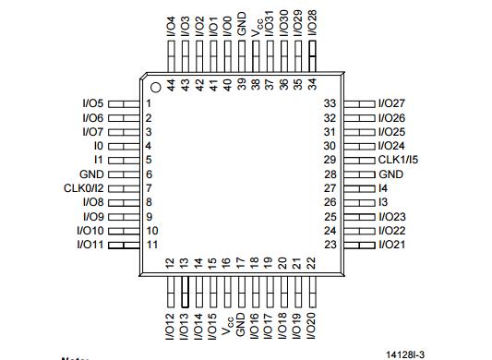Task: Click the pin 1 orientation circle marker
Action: [156, 88]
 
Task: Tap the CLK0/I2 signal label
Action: [83, 188]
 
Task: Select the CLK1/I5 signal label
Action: [398, 160]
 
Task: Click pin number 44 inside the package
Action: [171, 85]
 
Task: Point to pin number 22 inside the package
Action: [311, 263]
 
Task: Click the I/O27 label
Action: [392, 103]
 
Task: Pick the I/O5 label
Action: [93, 103]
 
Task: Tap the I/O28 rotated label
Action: [313, 23]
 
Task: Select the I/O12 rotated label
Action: [170, 327]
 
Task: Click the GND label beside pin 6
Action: [91, 174]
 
